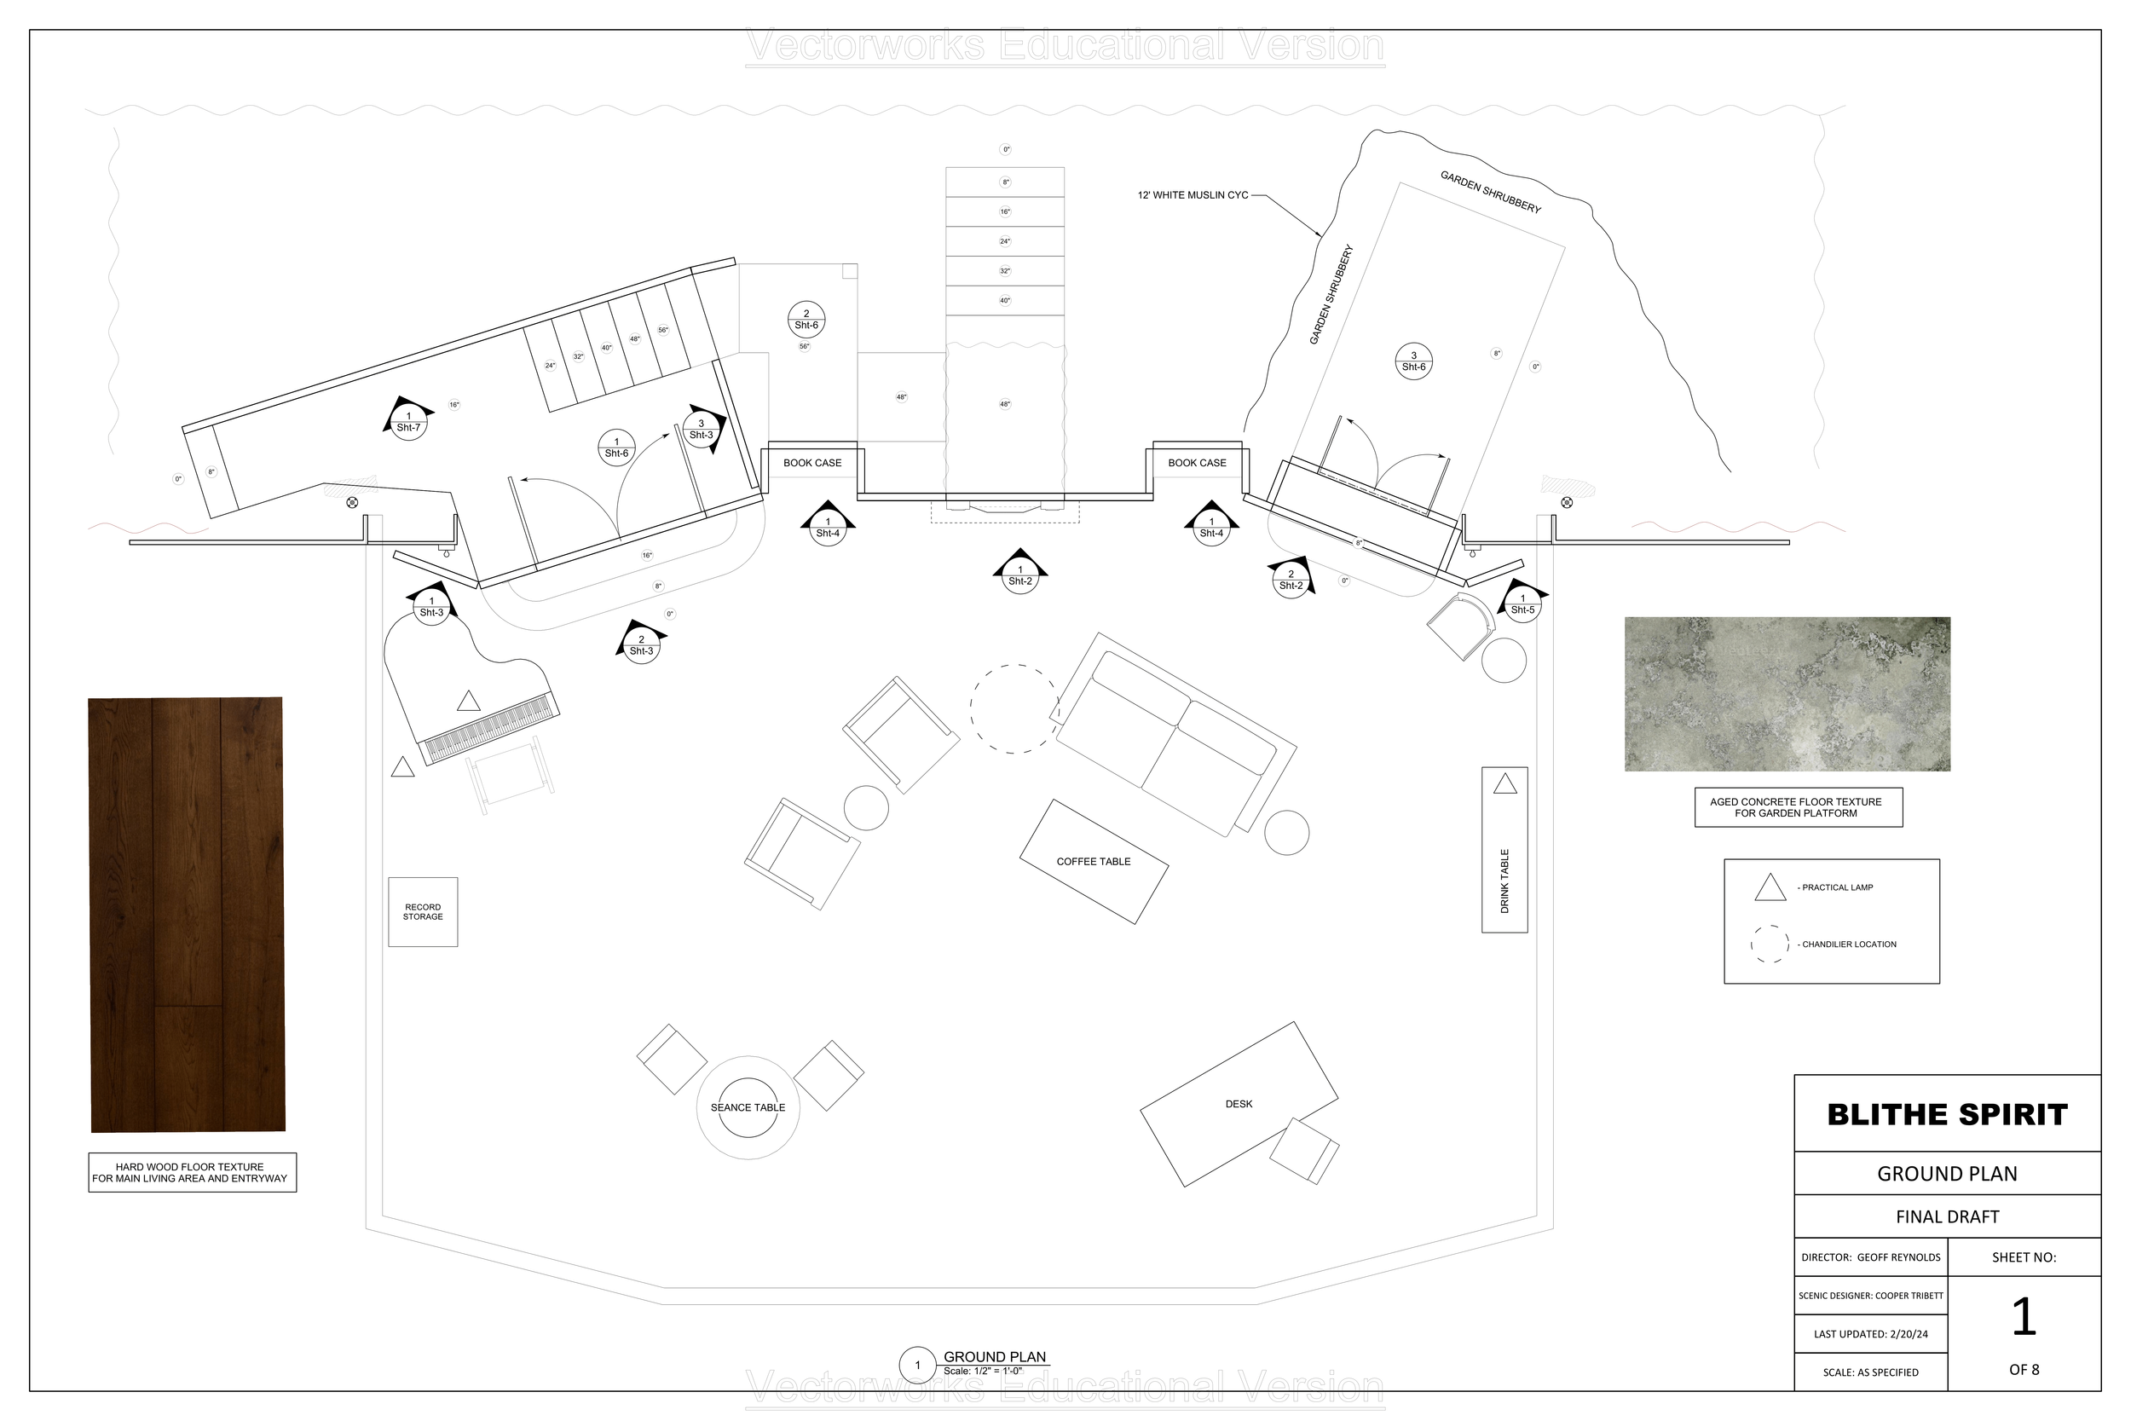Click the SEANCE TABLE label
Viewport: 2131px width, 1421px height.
tap(748, 1107)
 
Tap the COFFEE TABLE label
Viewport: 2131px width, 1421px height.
tap(1093, 862)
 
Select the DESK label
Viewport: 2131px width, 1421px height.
tap(1239, 1104)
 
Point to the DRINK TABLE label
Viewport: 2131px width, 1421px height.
tap(1505, 880)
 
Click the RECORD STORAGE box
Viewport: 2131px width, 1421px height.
tap(423, 912)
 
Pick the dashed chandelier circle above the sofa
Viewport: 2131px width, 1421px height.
tap(1014, 708)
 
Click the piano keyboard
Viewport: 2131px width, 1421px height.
tap(490, 727)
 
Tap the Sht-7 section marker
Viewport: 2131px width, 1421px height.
tap(408, 422)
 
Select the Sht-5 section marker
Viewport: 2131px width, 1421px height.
tap(1522, 604)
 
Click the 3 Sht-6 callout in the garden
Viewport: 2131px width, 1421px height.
tap(1413, 361)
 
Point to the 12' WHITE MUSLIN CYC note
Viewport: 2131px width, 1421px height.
tap(1193, 195)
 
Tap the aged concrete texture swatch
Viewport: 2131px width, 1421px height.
tap(1787, 694)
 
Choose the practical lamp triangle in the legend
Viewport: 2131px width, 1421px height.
tap(1770, 887)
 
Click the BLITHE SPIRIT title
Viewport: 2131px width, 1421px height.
tap(1947, 1115)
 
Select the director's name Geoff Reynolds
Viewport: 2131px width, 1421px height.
tap(1898, 1257)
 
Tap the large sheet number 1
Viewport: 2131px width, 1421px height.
tap(2024, 1317)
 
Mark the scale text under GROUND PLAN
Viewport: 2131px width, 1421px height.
tap(982, 1372)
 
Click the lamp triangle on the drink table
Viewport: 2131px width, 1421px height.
tap(1505, 784)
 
